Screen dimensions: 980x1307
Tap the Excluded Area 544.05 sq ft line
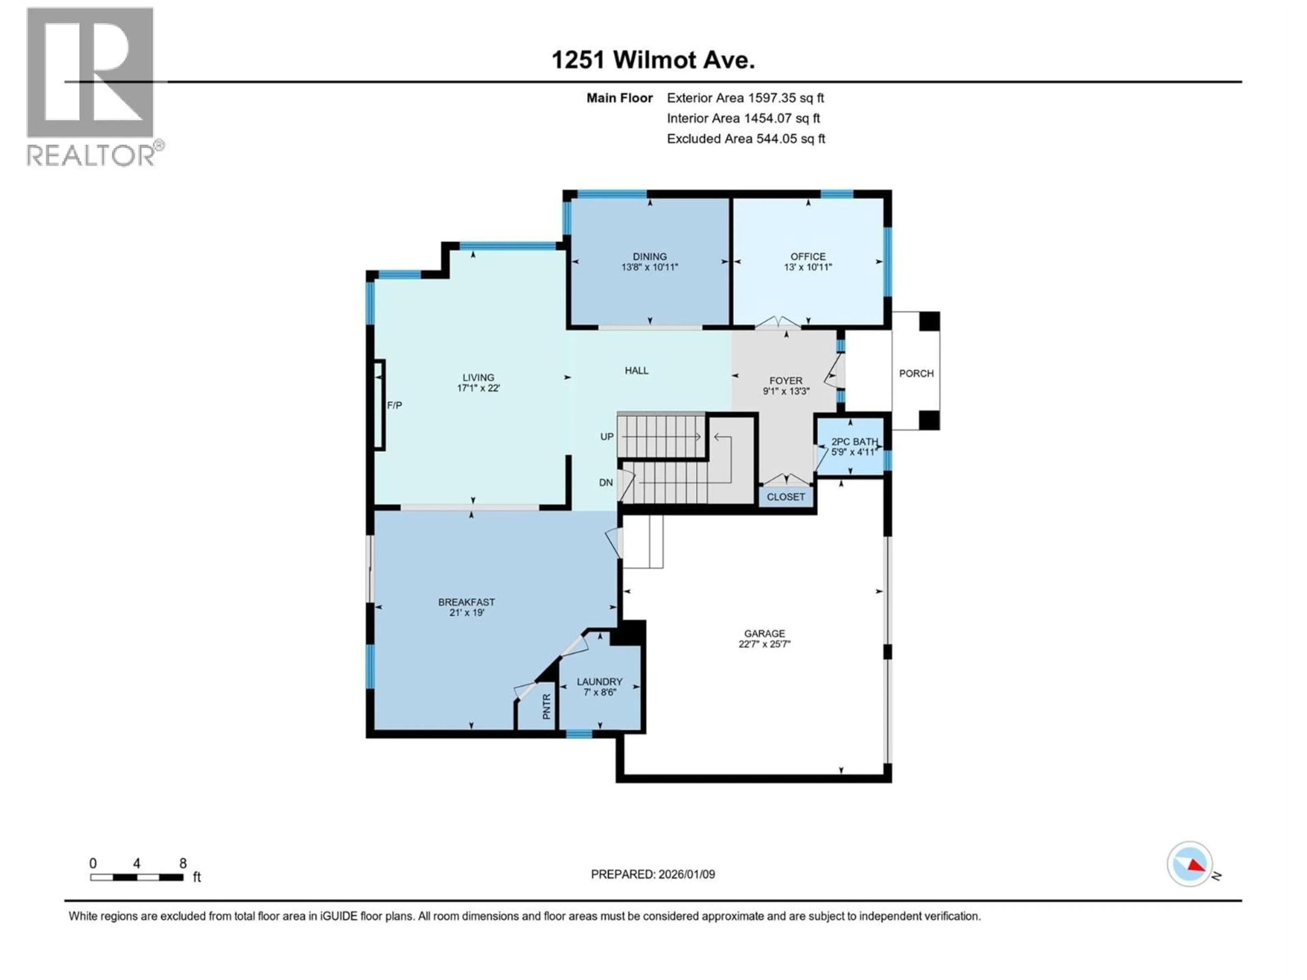[x=746, y=139]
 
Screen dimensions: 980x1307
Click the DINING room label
[x=649, y=256]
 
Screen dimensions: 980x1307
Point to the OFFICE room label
[x=808, y=256]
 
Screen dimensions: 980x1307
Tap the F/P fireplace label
[x=394, y=405]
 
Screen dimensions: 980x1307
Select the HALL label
[x=636, y=370]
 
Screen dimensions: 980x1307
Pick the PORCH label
[x=916, y=373]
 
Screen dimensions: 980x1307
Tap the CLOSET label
[x=785, y=497]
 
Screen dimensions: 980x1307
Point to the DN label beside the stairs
[x=606, y=483]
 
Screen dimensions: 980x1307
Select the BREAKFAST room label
[x=466, y=602]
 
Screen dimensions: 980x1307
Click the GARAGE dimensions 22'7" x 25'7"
[x=764, y=644]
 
